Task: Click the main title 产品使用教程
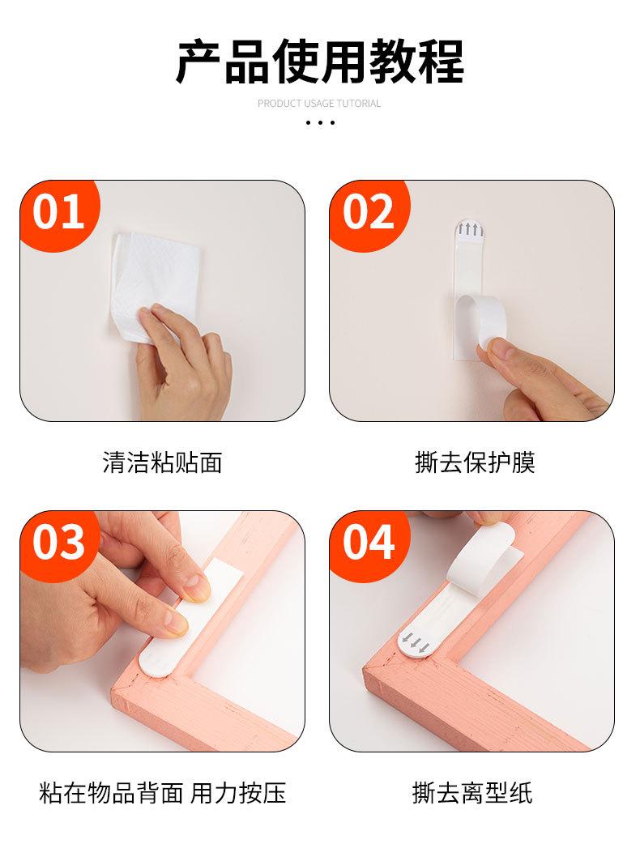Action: click(x=320, y=62)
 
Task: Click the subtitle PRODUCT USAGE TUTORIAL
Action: click(x=319, y=104)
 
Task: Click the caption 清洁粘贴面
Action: click(x=162, y=463)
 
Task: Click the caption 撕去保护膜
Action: click(x=475, y=463)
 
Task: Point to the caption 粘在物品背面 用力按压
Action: click(x=162, y=794)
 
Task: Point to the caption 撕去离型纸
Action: click(x=471, y=794)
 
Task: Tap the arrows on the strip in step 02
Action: click(x=470, y=229)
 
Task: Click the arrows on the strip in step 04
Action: click(x=416, y=642)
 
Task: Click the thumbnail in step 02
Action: click(x=501, y=352)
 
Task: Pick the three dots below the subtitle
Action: click(x=320, y=123)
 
